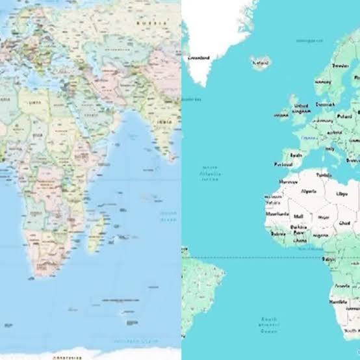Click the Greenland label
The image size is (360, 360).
(x=198, y=57)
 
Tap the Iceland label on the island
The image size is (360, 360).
(x=261, y=63)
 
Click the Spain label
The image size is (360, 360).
(x=296, y=155)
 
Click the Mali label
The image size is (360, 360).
(x=298, y=216)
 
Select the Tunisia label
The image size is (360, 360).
(x=323, y=174)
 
